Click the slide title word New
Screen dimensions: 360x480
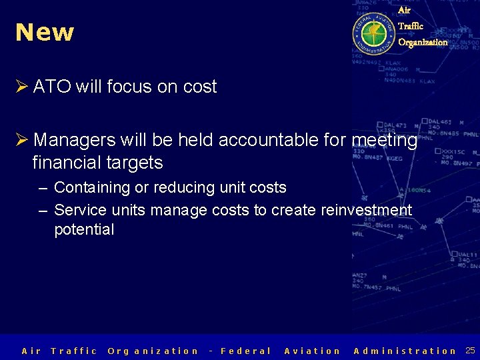click(45, 32)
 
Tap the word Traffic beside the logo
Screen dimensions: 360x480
click(411, 26)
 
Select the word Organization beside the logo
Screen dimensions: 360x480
click(423, 42)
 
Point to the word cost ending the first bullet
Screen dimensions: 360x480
click(199, 87)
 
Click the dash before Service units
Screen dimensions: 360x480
click(43, 210)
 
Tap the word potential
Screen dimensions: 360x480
click(84, 230)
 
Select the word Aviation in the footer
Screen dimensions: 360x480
click(312, 351)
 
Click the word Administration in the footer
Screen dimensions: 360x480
click(405, 351)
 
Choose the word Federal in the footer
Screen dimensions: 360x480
click(245, 351)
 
